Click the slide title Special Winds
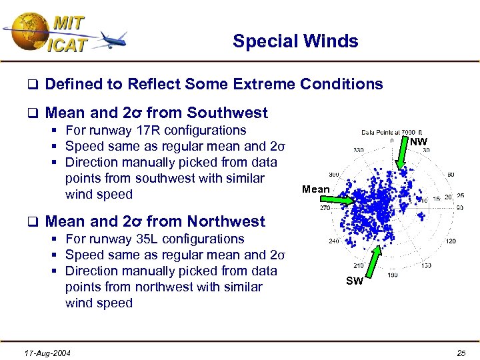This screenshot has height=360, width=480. pyautogui.click(x=295, y=41)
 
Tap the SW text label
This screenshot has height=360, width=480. pyautogui.click(x=355, y=281)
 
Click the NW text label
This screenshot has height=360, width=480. pyautogui.click(x=419, y=142)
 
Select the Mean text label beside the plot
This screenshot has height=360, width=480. pyautogui.click(x=315, y=189)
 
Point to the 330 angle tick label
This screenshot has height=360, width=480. pyautogui.click(x=359, y=150)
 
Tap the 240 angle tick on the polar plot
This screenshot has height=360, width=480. pyautogui.click(x=335, y=241)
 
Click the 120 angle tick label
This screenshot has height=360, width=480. pyautogui.click(x=451, y=241)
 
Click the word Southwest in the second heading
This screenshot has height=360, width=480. pyautogui.click(x=227, y=113)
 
